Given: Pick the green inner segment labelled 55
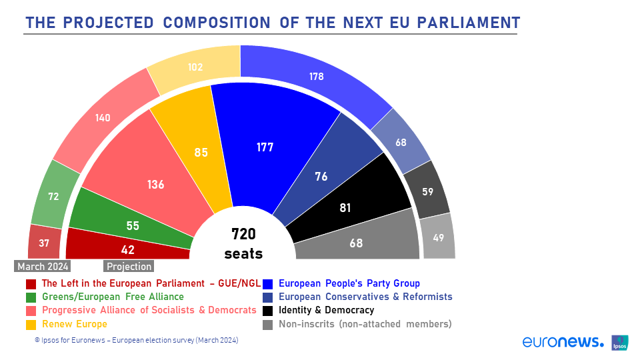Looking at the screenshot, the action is (131, 223).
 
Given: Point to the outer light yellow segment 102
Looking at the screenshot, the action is (195, 67).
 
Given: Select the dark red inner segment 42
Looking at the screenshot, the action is (127, 247).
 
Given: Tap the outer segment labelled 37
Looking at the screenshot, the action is (44, 243).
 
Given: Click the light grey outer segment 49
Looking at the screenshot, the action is (439, 237).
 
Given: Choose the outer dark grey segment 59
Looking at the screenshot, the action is (427, 190).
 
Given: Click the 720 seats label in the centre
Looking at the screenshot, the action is (243, 244).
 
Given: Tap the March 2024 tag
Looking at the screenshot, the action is (43, 267).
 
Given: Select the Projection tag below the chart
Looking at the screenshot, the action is (129, 267).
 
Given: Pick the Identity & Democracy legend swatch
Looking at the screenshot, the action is (268, 311).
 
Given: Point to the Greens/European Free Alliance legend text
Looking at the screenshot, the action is (113, 297).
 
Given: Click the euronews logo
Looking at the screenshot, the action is (563, 341).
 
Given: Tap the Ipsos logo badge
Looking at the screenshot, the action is (619, 343).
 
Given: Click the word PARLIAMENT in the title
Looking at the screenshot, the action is (469, 23).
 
